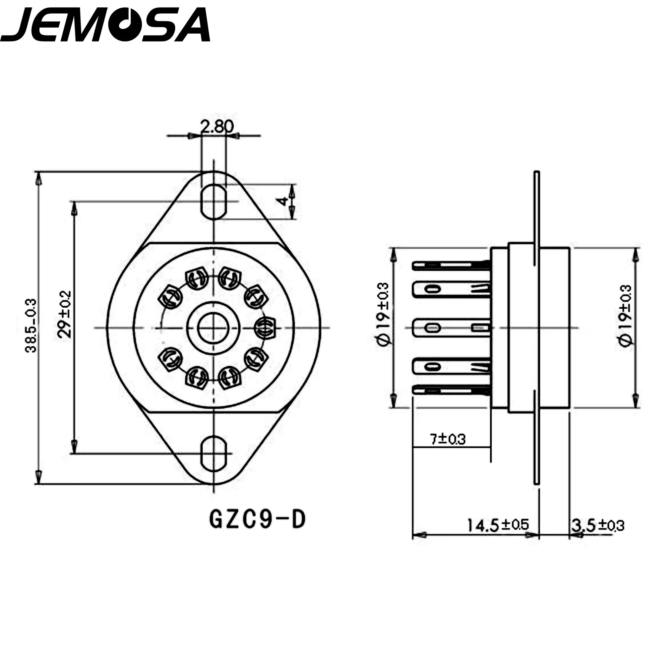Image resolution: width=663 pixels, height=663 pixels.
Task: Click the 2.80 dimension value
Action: pyautogui.click(x=217, y=127)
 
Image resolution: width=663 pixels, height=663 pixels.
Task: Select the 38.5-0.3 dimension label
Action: pyautogui.click(x=31, y=326)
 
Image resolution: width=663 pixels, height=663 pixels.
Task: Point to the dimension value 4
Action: pyautogui.click(x=282, y=202)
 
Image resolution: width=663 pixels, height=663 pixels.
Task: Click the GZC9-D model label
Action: pyautogui.click(x=257, y=519)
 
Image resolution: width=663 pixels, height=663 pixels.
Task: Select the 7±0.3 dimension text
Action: pyautogui.click(x=448, y=439)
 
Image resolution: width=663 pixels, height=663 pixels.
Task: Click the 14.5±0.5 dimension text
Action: pyautogui.click(x=498, y=525)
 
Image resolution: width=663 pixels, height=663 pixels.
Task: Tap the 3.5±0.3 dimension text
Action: pyautogui.click(x=597, y=525)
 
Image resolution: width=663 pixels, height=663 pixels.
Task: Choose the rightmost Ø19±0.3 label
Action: pyautogui.click(x=625, y=316)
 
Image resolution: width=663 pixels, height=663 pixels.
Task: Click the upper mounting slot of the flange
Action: pyautogui.click(x=214, y=202)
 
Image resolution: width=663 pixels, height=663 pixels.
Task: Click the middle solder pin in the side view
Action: pyautogui.click(x=451, y=328)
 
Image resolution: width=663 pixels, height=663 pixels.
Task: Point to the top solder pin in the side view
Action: pyautogui.click(x=451, y=265)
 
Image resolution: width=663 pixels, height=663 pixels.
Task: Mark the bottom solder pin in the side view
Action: pyautogui.click(x=451, y=390)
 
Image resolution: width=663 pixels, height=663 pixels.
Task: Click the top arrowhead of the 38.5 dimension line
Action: pyautogui.click(x=39, y=178)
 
